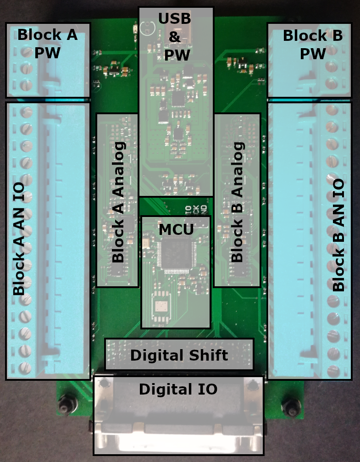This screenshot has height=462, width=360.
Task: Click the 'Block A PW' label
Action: (47, 44)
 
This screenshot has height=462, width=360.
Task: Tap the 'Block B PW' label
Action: (313, 45)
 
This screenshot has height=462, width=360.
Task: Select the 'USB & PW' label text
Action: (175, 37)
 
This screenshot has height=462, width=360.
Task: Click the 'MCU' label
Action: (176, 229)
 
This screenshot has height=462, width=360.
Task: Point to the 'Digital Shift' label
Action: (179, 355)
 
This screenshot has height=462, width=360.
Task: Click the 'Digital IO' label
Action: (178, 390)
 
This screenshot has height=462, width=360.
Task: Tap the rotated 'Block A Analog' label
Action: (118, 202)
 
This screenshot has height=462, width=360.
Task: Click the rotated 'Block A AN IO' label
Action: (19, 239)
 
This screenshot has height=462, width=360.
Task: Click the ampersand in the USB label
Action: (175, 37)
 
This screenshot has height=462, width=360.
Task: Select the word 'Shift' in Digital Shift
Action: (206, 355)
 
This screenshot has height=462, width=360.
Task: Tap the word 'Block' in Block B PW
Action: (300, 35)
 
